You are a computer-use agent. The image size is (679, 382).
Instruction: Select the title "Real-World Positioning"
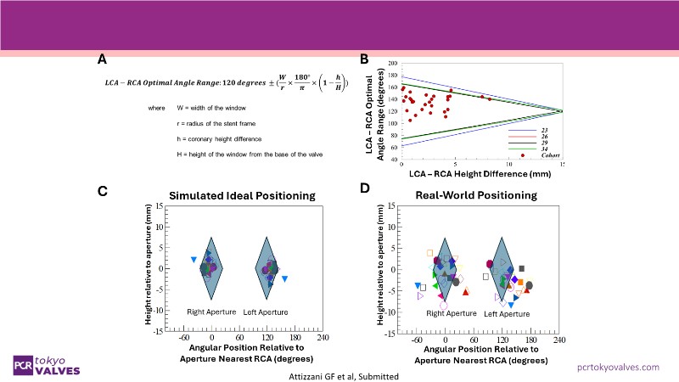coord(475,195)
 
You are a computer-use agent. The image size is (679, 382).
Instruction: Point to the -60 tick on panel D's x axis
coord(418,339)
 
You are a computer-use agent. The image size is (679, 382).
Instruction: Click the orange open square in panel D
coord(430,253)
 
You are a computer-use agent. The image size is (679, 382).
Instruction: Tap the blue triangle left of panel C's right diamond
coord(194,259)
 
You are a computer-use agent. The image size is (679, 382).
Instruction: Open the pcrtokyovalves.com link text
coord(617,366)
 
